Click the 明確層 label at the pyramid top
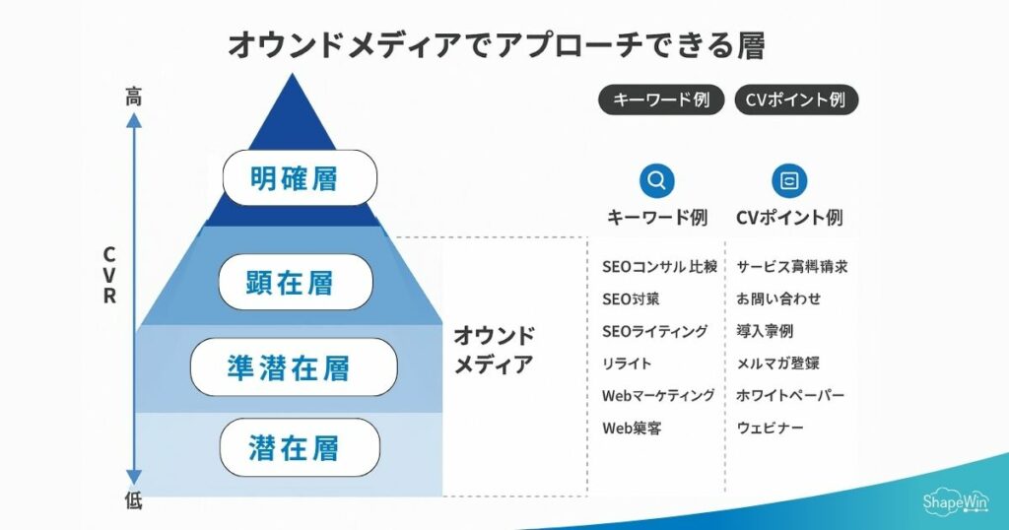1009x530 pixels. point(300,178)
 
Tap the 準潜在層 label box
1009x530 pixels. point(294,367)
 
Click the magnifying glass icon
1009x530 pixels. point(657,180)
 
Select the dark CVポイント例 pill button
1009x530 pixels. point(796,99)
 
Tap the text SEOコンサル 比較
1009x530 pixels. point(659,267)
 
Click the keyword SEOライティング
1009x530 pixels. point(655,331)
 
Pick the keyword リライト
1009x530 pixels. point(627,364)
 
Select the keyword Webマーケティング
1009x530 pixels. point(658,396)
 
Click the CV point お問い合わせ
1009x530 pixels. point(778,298)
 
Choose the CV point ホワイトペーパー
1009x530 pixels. point(790,396)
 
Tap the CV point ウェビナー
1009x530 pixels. point(771,428)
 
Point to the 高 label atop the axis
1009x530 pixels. point(134,96)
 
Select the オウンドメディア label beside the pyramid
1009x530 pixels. point(494,350)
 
